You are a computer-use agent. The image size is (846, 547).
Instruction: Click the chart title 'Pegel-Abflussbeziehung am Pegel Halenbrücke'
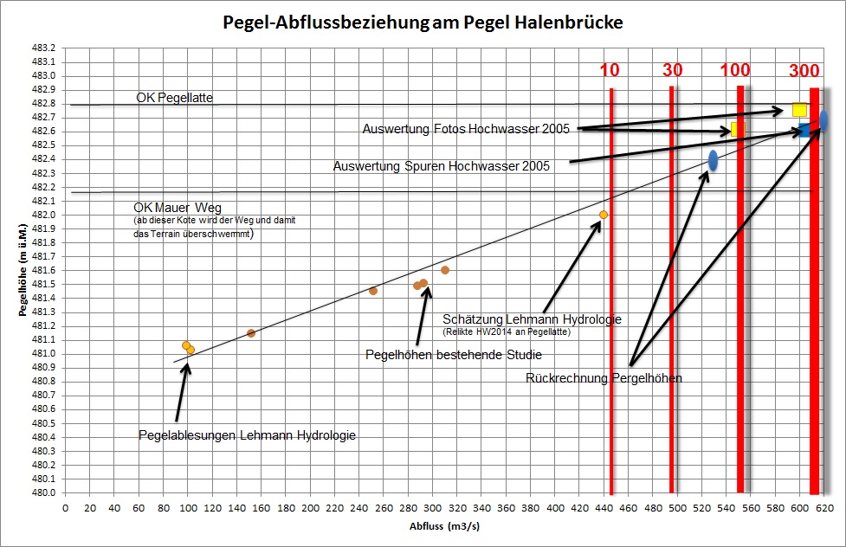pos(423,23)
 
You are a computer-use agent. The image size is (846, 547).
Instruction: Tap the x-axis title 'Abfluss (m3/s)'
pos(447,525)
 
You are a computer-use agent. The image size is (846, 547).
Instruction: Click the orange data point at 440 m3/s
pos(604,215)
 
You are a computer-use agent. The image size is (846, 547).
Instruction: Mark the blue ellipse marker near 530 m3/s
pos(713,160)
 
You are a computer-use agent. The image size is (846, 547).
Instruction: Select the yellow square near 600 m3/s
pos(799,110)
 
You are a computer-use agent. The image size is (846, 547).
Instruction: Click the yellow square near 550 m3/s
pos(738,129)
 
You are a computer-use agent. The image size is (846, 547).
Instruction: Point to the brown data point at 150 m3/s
pos(251,333)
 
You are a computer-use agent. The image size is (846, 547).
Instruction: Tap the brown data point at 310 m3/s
pos(445,270)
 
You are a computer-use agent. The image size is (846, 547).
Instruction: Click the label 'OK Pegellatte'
pos(174,98)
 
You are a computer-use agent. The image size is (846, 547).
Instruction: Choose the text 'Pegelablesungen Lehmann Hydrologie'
pos(248,434)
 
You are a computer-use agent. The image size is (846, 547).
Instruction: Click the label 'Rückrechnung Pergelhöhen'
pos(604,377)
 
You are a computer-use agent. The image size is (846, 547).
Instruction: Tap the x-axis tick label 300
pos(432,508)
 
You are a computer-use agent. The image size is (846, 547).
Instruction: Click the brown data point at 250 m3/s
pos(373,291)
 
